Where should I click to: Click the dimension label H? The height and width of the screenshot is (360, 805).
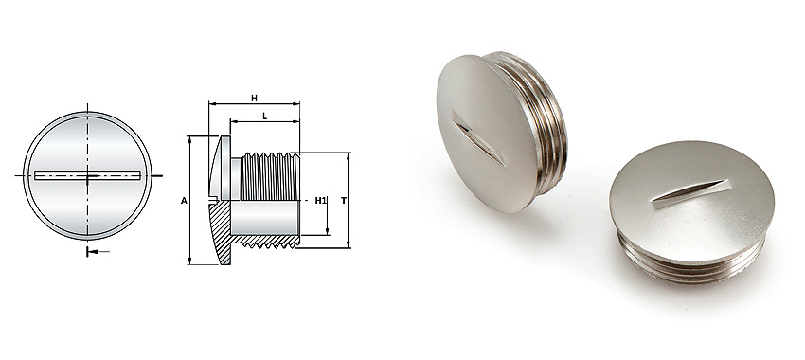(x=254, y=98)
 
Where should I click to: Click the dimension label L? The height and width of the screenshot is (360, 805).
(x=264, y=115)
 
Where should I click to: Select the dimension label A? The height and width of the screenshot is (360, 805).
(x=183, y=200)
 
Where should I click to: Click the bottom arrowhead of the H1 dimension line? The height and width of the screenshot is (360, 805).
(x=328, y=231)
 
